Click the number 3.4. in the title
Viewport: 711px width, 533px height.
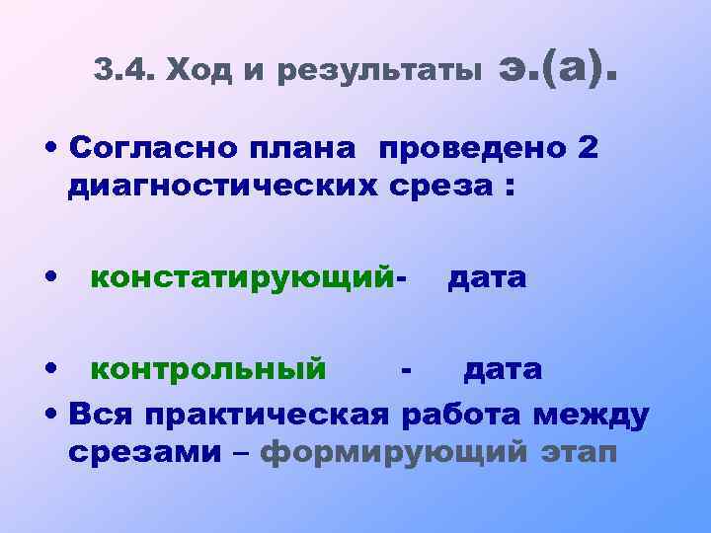coord(122,70)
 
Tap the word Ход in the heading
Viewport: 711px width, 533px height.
coord(196,70)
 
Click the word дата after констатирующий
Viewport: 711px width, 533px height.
coord(486,278)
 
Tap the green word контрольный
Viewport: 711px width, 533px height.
coord(208,369)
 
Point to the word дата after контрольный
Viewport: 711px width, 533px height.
coord(503,369)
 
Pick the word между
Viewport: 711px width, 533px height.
coord(590,415)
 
